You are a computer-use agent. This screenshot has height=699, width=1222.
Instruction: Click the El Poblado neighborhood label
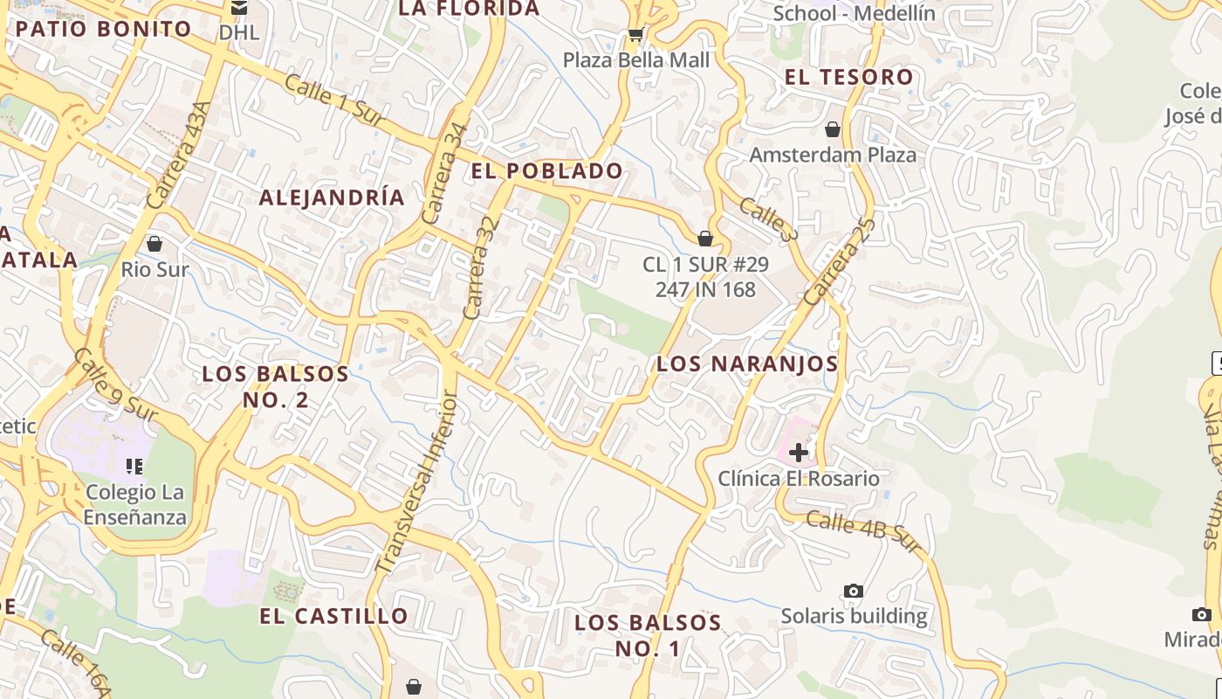tap(547, 171)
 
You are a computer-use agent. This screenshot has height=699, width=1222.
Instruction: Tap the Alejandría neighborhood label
tap(332, 197)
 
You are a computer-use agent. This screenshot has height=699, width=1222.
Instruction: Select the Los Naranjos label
tap(747, 363)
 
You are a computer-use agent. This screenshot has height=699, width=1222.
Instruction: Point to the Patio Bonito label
tap(104, 29)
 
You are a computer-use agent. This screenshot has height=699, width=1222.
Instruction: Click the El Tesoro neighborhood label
tap(848, 77)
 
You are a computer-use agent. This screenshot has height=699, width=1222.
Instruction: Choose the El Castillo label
tap(333, 616)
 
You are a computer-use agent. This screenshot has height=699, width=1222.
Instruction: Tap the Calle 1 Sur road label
tap(334, 103)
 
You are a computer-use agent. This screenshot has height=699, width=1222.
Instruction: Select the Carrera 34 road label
tap(445, 174)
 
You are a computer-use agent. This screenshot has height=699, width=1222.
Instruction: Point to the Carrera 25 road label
tap(839, 261)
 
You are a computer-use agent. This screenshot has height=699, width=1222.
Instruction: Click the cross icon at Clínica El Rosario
tap(798, 452)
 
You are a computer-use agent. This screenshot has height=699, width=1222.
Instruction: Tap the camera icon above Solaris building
tap(854, 592)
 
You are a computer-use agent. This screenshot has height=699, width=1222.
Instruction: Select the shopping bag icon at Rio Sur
tap(154, 243)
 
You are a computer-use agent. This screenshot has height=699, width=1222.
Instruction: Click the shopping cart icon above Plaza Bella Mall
tap(635, 35)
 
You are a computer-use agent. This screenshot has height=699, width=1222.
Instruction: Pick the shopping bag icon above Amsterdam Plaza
tap(833, 129)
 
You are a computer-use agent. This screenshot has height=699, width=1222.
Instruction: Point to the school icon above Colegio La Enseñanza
tap(134, 466)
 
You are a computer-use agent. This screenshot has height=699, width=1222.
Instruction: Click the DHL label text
tap(239, 33)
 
